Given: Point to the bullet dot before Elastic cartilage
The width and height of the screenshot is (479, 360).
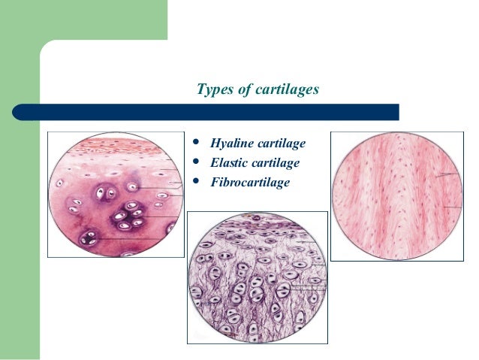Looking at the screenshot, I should click(x=197, y=162).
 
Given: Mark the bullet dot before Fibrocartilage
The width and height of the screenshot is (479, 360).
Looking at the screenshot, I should click(x=197, y=180).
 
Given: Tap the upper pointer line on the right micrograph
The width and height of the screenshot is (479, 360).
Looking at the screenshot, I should click(x=448, y=175).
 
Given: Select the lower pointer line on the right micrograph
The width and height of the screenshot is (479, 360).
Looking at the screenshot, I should click(x=450, y=207).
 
